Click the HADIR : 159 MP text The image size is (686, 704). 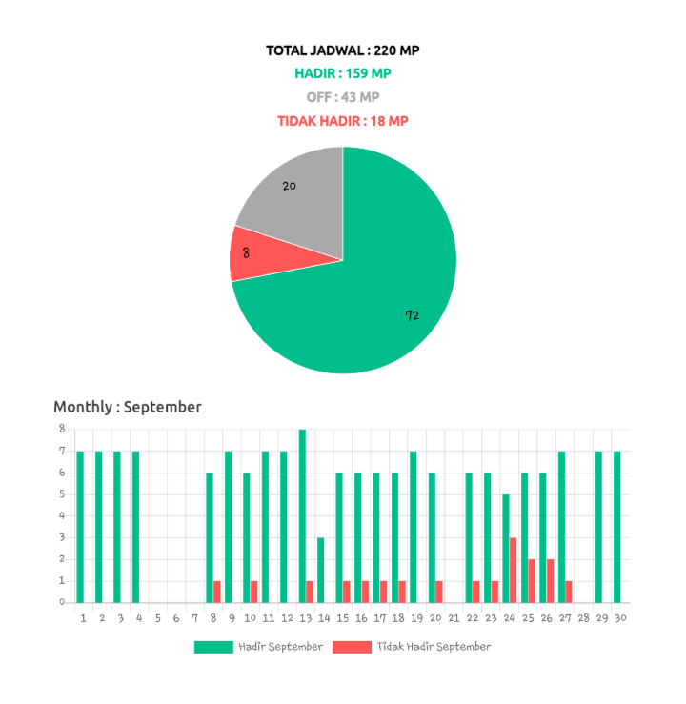pyautogui.click(x=343, y=72)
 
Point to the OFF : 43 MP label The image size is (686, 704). pyautogui.click(x=343, y=96)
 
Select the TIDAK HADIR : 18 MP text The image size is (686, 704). pyautogui.click(x=343, y=121)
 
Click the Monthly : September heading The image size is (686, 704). pyautogui.click(x=128, y=406)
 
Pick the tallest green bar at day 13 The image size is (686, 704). pyautogui.click(x=302, y=514)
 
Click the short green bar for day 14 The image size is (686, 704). pyautogui.click(x=321, y=569)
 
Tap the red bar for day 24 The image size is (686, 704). pyautogui.click(x=514, y=569)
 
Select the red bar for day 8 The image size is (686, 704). pyautogui.click(x=217, y=591)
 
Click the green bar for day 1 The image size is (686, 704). pyautogui.click(x=80, y=526)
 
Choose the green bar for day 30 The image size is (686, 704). pyautogui.click(x=616, y=526)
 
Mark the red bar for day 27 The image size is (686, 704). pyautogui.click(x=569, y=591)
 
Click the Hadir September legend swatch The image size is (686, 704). pyautogui.click(x=213, y=646)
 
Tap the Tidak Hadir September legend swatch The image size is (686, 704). pyautogui.click(x=351, y=646)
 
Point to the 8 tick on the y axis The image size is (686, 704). pyautogui.click(x=62, y=428)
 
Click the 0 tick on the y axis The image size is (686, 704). pyautogui.click(x=62, y=601)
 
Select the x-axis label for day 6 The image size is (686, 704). pyautogui.click(x=176, y=617)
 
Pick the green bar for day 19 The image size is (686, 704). pyautogui.click(x=414, y=526)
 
